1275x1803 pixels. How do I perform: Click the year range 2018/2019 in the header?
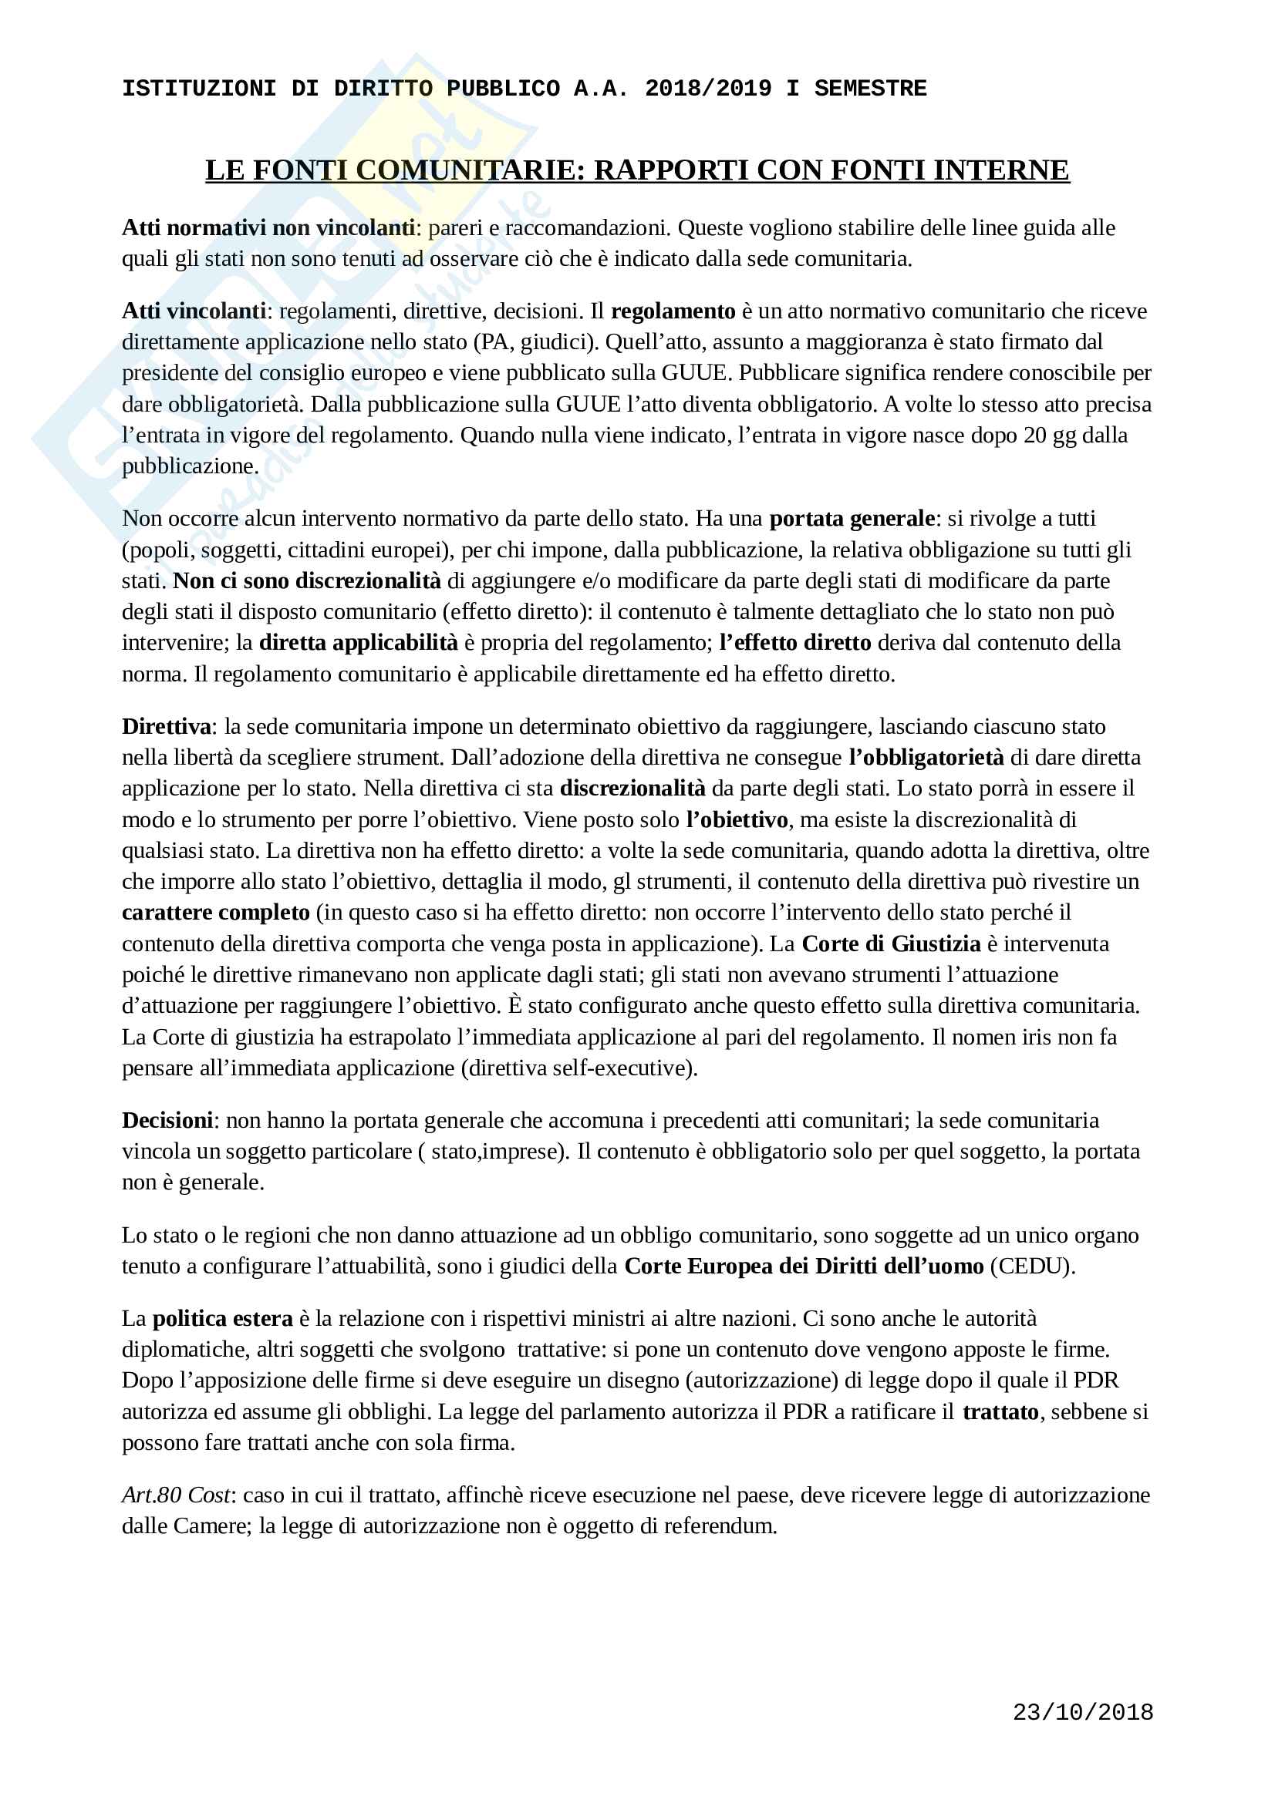click(708, 88)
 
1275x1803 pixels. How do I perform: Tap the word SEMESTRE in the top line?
click(869, 88)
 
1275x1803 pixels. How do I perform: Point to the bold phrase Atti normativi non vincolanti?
click(268, 227)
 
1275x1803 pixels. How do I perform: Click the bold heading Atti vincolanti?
click(194, 311)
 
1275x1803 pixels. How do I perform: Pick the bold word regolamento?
click(673, 311)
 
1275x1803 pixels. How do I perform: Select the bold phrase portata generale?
click(852, 518)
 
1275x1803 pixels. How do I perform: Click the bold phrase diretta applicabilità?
click(358, 642)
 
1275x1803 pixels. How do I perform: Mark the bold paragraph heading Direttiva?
click(167, 726)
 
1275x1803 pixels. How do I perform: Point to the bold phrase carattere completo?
click(216, 913)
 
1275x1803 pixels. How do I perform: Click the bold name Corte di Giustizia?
click(891, 944)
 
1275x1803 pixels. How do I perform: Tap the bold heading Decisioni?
click(167, 1120)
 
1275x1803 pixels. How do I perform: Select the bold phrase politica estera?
click(222, 1318)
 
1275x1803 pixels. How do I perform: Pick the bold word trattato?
click(1001, 1412)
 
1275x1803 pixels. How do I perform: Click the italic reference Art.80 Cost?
click(176, 1495)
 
